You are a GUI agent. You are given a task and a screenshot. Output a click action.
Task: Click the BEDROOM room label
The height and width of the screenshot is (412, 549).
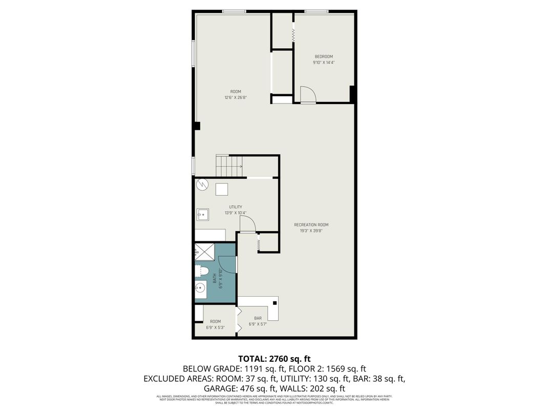coord(323,56)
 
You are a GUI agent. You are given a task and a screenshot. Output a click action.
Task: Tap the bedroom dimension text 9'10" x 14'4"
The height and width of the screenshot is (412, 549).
coord(323,63)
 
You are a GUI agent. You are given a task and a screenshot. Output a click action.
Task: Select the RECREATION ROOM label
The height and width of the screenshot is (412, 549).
coord(311,224)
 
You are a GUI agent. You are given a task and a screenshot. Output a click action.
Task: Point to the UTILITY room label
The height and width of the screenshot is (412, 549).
coord(236,207)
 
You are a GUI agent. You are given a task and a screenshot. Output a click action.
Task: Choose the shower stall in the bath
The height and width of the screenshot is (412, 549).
coord(205,252)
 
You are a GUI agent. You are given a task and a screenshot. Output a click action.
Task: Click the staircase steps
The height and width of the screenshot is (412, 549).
coord(229,164)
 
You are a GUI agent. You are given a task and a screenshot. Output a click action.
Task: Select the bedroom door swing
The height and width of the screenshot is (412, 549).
coord(308,95)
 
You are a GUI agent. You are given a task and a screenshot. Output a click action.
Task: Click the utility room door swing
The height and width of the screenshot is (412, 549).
coord(247,224)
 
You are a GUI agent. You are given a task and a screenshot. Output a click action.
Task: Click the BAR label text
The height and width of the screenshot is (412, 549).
coord(258,318)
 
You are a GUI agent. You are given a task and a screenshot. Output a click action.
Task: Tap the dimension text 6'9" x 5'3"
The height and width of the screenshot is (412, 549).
coord(215,327)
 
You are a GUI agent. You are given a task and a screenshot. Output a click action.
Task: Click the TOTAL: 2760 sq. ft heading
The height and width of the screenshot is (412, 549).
coord(274,359)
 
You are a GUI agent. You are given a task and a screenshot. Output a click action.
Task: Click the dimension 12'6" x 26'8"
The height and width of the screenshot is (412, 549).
coord(236,97)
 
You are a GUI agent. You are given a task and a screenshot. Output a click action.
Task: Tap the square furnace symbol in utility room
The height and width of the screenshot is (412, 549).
coord(222,189)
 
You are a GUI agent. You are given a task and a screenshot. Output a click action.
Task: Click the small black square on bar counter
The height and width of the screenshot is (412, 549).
coord(275,303)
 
